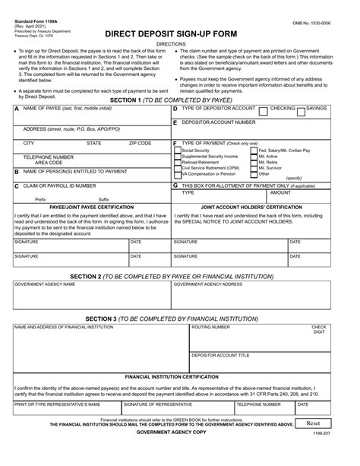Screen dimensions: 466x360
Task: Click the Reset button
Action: (313, 423)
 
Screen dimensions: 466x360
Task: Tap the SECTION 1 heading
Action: (179, 100)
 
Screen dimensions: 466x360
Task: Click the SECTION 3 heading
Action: (179, 319)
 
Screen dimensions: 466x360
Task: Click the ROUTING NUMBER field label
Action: (210, 327)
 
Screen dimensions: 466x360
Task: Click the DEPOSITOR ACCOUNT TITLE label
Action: (220, 355)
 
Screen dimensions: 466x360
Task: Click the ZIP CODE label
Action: (140, 143)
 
